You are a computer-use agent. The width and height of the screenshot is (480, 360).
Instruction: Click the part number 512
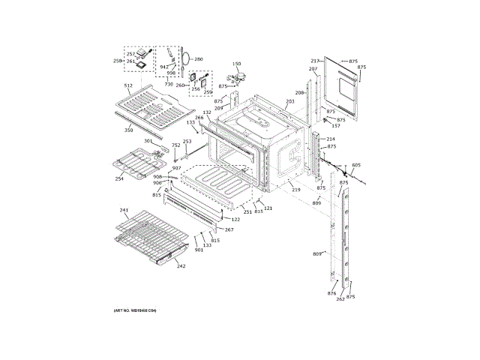(x=127, y=86)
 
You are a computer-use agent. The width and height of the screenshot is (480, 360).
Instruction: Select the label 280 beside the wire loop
(x=199, y=58)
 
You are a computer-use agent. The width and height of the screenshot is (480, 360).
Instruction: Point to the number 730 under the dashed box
(x=169, y=84)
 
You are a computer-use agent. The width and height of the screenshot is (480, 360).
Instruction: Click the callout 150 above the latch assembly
(x=236, y=64)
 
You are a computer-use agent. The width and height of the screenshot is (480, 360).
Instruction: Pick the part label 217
(x=315, y=61)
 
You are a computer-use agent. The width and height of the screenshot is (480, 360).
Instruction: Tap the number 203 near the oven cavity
(x=290, y=101)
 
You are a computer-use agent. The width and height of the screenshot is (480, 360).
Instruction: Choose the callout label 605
(x=356, y=164)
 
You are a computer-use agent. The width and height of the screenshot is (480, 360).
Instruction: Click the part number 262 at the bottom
(x=340, y=299)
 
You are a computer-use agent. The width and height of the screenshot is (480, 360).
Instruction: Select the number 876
(x=331, y=293)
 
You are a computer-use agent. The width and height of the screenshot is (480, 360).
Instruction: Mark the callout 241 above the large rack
(x=124, y=210)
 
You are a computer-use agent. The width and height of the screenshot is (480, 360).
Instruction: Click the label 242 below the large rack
(x=181, y=265)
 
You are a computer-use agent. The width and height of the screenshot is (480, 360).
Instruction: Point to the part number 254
(x=119, y=178)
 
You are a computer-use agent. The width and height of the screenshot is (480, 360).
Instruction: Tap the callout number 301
(x=148, y=141)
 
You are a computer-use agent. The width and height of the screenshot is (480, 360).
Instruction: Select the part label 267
(x=229, y=229)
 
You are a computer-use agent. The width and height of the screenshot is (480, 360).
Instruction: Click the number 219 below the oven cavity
(x=296, y=190)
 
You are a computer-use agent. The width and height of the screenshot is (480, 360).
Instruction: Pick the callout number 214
(x=331, y=139)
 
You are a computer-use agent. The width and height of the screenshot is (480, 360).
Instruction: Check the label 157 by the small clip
(x=336, y=126)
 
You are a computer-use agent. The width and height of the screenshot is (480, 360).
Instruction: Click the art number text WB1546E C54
(x=135, y=310)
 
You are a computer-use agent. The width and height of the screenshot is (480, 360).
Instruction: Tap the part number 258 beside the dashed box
(x=118, y=61)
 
